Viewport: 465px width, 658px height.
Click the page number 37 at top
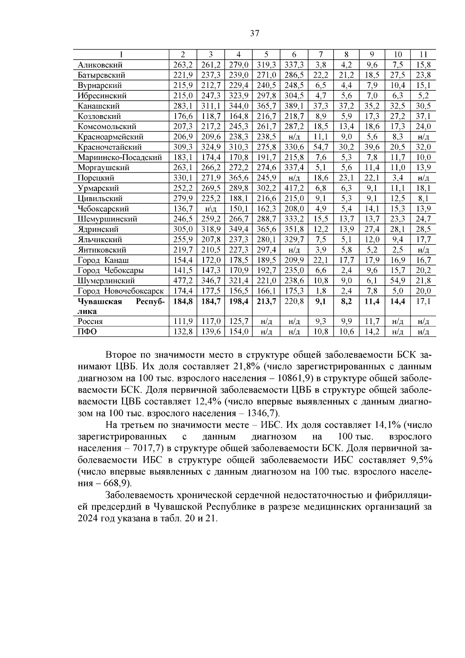(254, 33)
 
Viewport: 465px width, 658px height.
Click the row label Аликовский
(100, 65)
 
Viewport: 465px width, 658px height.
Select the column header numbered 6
(294, 55)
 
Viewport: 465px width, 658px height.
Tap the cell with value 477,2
(183, 281)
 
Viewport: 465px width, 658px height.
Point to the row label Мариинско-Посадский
(119, 157)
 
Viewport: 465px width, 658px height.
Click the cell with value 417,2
(294, 188)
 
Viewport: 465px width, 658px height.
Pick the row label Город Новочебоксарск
(121, 291)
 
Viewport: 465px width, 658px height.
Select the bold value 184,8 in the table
(183, 301)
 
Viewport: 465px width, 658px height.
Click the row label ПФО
(87, 332)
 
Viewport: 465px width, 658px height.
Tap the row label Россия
(90, 322)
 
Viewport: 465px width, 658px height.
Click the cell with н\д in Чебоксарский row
(210, 209)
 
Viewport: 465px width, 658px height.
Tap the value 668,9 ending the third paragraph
(116, 484)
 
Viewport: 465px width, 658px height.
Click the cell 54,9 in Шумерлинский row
(397, 281)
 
